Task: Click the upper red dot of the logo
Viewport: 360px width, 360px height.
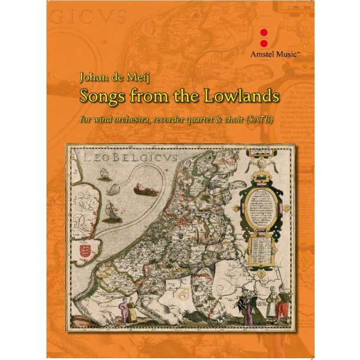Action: point(264,31)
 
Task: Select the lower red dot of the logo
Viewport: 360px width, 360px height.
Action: point(264,41)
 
